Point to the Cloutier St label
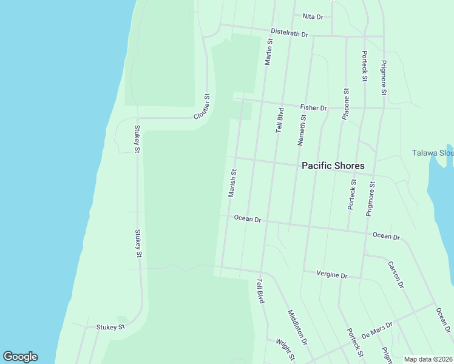click(202, 107)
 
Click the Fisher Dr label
click(313, 107)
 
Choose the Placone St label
click(345, 104)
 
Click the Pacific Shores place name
click(333, 166)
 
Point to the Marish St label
click(232, 183)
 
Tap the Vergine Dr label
click(331, 275)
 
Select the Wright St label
click(285, 349)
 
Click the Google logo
click(20, 357)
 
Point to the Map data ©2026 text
click(428, 359)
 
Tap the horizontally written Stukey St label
click(110, 327)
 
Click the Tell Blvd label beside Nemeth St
click(280, 120)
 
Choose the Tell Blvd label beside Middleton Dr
click(260, 291)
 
